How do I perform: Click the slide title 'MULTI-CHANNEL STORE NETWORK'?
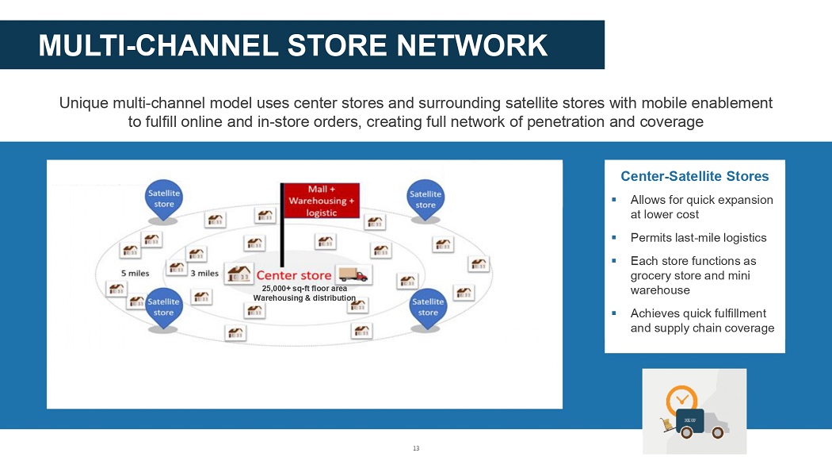click(x=292, y=45)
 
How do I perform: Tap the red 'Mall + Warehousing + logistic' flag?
click(x=322, y=201)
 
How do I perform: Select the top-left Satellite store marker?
click(x=163, y=198)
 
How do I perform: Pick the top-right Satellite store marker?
click(x=426, y=198)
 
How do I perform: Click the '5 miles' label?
click(x=135, y=273)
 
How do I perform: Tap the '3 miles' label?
click(x=204, y=273)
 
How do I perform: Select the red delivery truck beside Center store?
click(x=353, y=274)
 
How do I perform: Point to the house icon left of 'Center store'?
click(x=239, y=274)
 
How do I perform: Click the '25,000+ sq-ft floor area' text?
click(x=304, y=288)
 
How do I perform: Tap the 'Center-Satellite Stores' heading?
click(x=694, y=176)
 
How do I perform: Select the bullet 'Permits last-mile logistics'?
click(x=698, y=237)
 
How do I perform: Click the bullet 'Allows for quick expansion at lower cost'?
click(x=701, y=206)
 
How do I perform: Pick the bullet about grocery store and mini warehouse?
click(x=693, y=275)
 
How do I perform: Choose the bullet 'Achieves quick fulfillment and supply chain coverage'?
click(x=702, y=320)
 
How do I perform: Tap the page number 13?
click(x=416, y=448)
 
